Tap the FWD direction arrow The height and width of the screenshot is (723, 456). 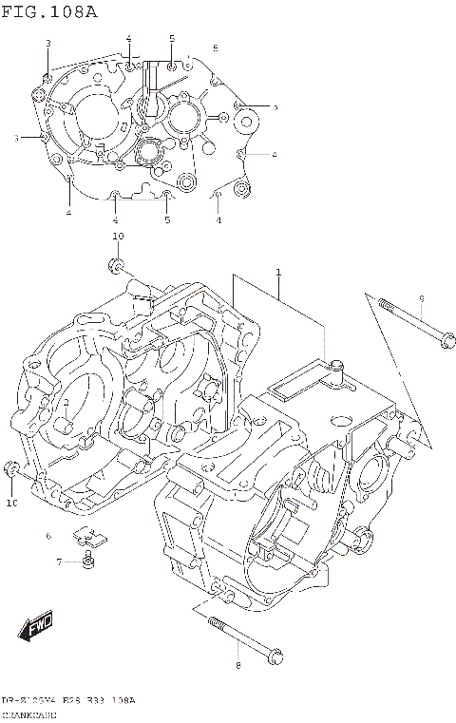tap(34, 628)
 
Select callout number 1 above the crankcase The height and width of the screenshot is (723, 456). tap(278, 273)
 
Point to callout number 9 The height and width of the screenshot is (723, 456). tap(422, 299)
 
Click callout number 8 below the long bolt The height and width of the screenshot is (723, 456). tap(237, 664)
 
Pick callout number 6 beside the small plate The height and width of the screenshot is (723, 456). tap(48, 537)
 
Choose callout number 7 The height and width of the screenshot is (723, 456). tap(58, 562)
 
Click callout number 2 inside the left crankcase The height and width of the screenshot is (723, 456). tap(67, 403)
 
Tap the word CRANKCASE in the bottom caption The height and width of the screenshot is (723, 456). tap(29, 713)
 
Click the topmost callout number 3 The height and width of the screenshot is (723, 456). tap(48, 44)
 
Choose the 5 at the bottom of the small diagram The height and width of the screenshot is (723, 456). tap(166, 220)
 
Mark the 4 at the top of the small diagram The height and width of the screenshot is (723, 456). tap(128, 38)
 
